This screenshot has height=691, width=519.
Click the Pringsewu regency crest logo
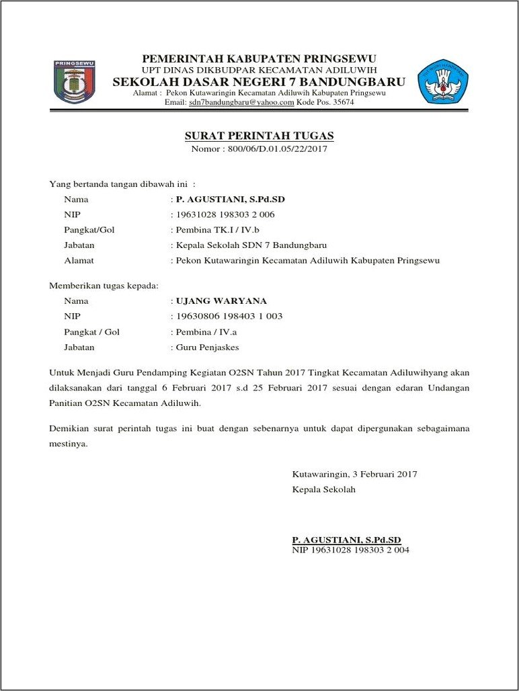[74, 82]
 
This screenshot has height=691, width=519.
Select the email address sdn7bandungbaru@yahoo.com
[241, 102]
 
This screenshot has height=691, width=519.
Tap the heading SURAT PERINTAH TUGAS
[259, 136]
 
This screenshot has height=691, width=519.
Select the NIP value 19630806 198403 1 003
[229, 317]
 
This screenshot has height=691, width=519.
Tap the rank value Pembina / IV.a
[206, 332]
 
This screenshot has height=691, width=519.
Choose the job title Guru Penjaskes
[207, 348]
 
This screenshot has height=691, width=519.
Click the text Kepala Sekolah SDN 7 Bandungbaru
[251, 245]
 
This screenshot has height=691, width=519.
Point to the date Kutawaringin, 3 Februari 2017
[354, 474]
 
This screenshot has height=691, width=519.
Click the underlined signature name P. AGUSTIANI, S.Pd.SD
[346, 540]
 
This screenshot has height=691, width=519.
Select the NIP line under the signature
[350, 551]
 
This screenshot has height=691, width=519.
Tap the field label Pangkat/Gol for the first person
[89, 230]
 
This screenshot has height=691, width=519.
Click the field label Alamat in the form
[79, 261]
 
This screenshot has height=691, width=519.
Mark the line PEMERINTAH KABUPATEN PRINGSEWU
[259, 58]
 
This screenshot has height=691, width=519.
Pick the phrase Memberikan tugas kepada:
[104, 286]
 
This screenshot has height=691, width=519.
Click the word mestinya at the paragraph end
[68, 444]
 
